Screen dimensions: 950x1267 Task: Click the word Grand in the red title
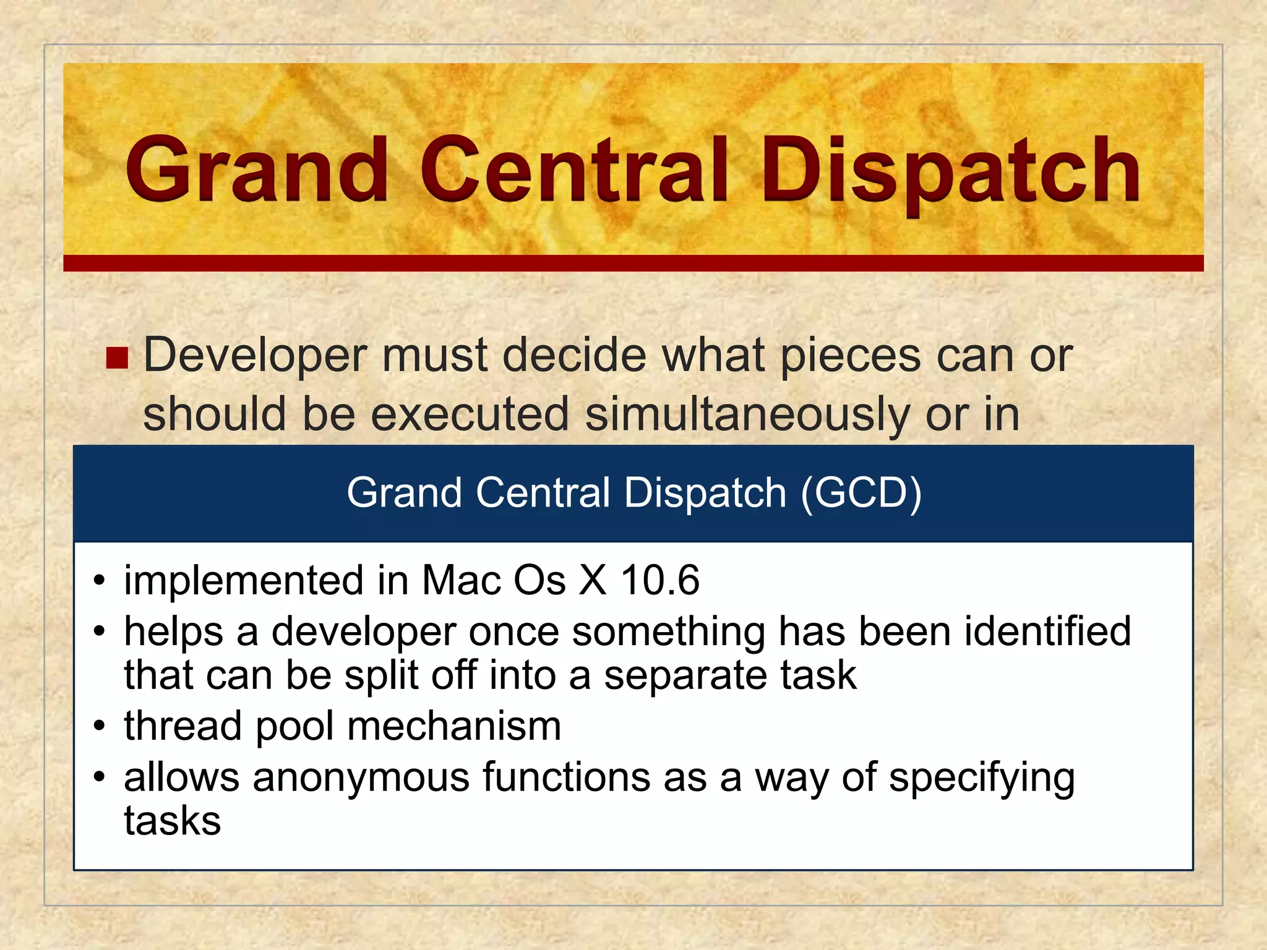point(257,169)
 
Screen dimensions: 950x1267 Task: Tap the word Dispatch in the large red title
point(950,171)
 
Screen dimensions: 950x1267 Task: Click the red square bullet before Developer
point(117,357)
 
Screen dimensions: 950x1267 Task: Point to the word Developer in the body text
point(255,356)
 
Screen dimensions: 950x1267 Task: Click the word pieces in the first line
point(851,356)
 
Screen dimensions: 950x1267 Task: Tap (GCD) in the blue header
point(861,493)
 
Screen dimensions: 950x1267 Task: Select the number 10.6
point(660,580)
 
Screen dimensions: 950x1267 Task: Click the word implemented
point(244,580)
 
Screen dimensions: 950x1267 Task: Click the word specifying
point(982,778)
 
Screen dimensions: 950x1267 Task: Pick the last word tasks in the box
point(172,821)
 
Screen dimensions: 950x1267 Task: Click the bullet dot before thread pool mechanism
point(100,727)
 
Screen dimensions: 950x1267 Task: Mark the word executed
point(470,414)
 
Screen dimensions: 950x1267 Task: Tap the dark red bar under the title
point(633,263)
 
